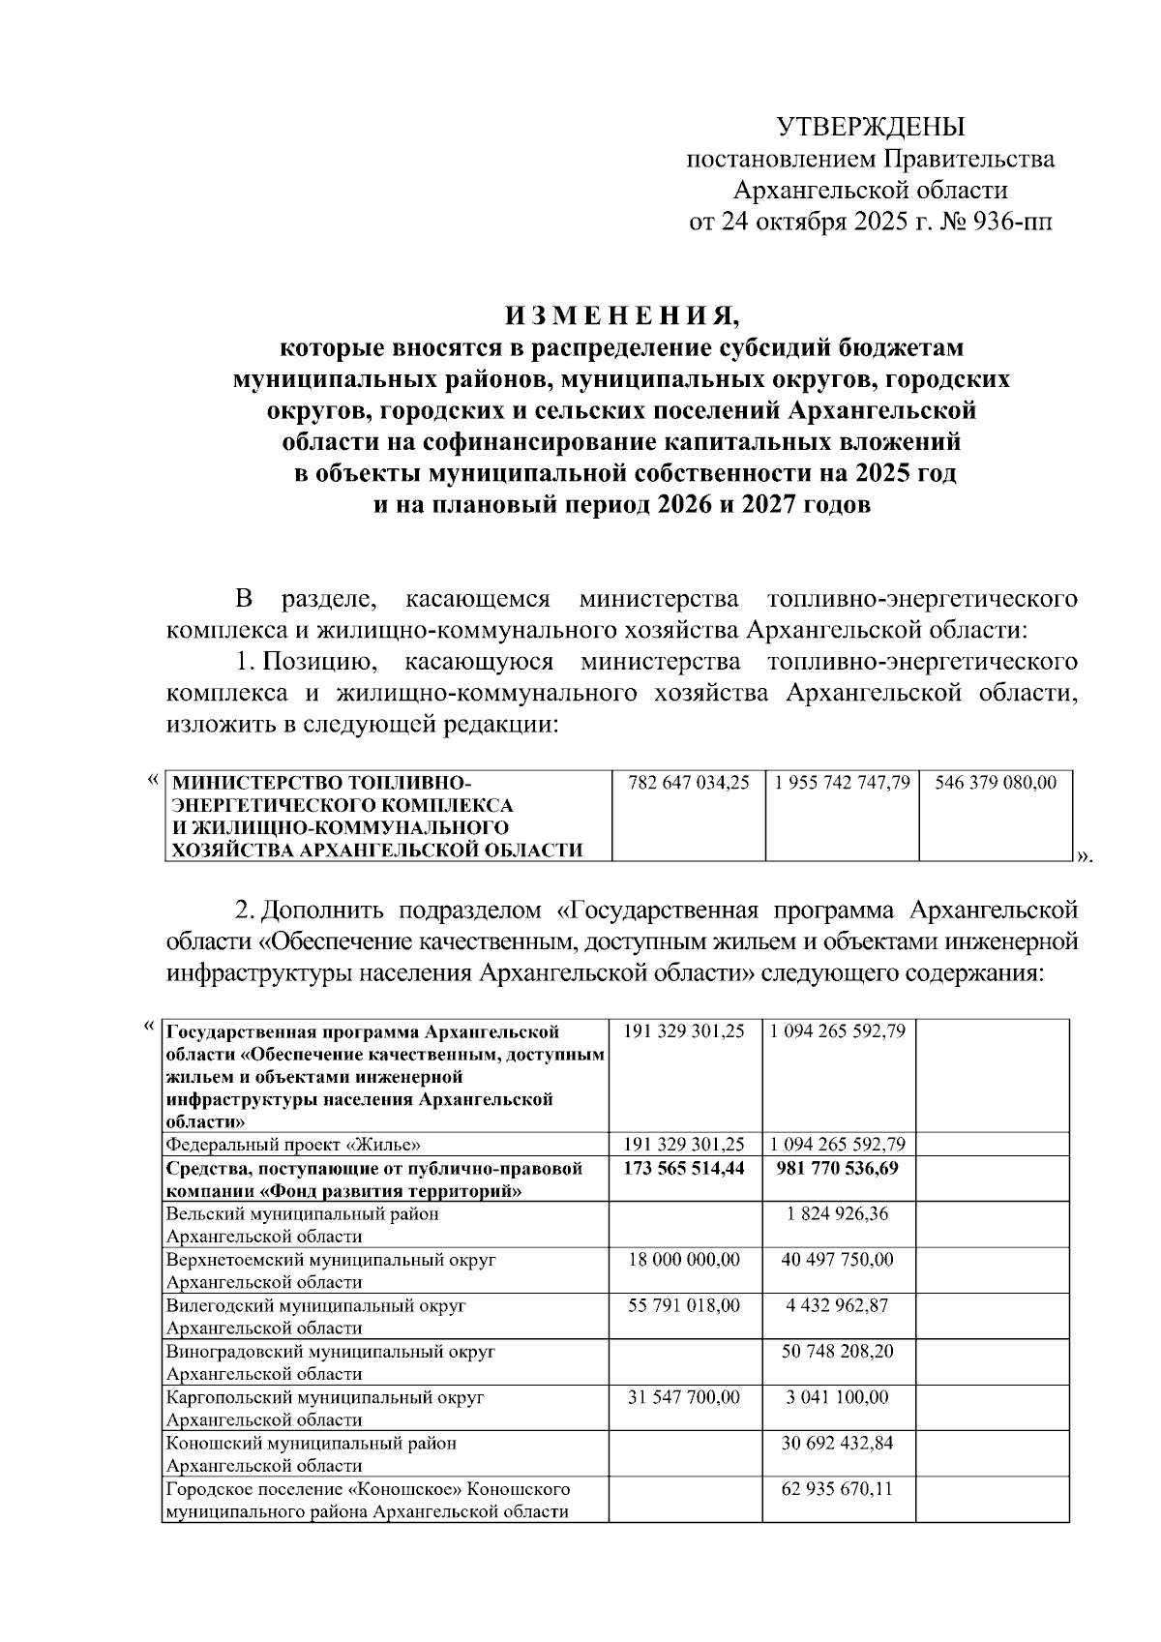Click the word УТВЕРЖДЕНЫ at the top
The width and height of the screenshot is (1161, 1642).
click(x=871, y=127)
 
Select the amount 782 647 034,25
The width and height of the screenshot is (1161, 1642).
click(x=688, y=782)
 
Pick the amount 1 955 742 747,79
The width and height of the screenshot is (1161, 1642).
click(x=842, y=782)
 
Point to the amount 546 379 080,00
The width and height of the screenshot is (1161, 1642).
click(x=997, y=782)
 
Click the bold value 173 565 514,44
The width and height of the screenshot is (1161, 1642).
click(x=684, y=1168)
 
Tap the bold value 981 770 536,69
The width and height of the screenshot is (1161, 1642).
click(x=838, y=1168)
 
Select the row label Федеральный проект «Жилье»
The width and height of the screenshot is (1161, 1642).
click(x=293, y=1145)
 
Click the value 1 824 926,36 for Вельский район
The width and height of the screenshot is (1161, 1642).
click(x=838, y=1214)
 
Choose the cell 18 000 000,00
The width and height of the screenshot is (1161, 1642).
click(x=684, y=1260)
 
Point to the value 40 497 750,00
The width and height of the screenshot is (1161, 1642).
click(x=838, y=1260)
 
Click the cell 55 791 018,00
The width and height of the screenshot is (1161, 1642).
click(x=684, y=1305)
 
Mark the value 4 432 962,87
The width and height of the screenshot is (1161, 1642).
click(x=838, y=1305)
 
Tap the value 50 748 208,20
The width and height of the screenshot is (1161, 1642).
click(x=838, y=1351)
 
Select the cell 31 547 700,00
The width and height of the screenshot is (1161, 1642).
click(x=684, y=1397)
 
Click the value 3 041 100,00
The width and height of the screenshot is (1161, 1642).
click(x=838, y=1397)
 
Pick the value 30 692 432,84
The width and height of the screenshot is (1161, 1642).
click(x=838, y=1443)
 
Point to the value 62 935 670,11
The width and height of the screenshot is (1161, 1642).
click(x=838, y=1488)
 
